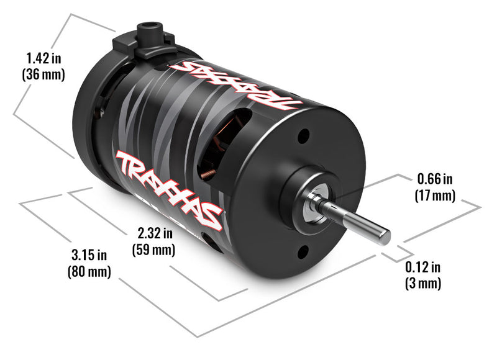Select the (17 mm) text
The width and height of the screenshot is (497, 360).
tap(434, 195)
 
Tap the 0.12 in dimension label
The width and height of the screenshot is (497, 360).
tap(422, 268)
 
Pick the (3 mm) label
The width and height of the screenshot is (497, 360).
tap(422, 284)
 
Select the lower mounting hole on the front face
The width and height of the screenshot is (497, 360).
tap(303, 251)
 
